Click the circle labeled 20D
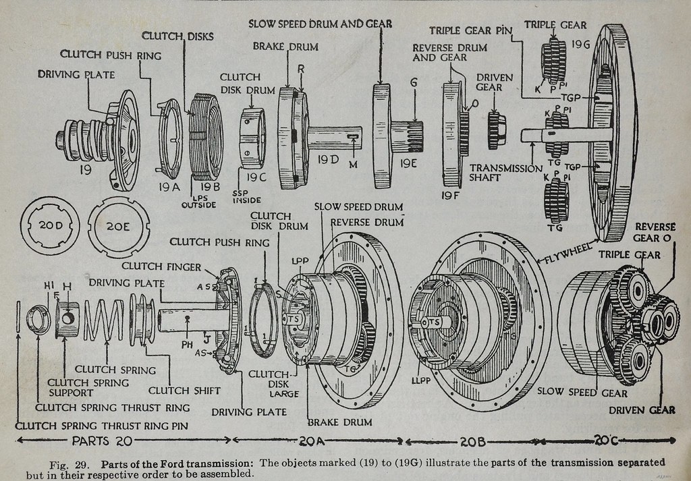point(50,226)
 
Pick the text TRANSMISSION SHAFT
point(505,173)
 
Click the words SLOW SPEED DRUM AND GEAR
point(321,24)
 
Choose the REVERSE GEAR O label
point(655,232)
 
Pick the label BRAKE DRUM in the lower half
point(339,422)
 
